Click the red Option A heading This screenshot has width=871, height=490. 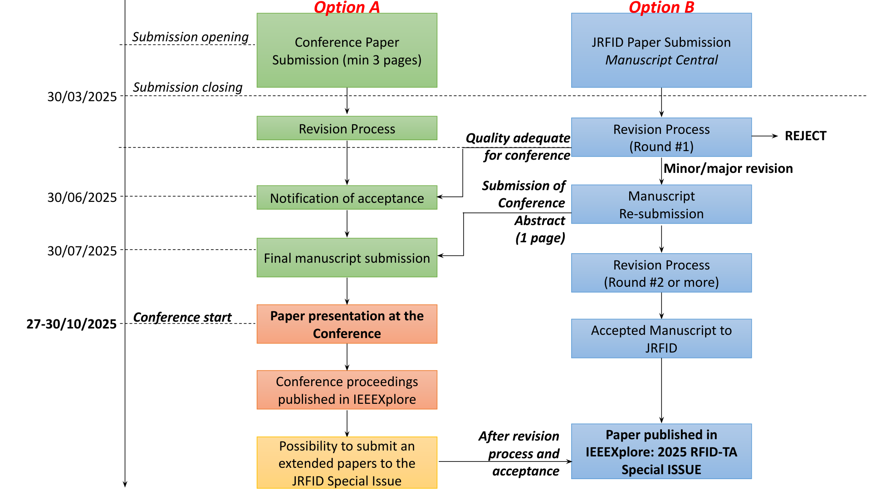347,7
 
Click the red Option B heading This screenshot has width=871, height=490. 661,7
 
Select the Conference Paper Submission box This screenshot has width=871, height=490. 347,50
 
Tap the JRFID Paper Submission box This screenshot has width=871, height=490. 661,50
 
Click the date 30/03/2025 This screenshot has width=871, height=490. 82,97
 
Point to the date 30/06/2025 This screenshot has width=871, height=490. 82,197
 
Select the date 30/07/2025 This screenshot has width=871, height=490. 82,251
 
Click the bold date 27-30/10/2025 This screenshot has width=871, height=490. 71,324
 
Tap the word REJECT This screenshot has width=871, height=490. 805,136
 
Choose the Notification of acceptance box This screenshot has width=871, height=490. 347,198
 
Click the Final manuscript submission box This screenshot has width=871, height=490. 347,258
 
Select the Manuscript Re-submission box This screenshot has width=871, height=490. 661,204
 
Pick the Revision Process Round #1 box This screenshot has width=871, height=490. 661,137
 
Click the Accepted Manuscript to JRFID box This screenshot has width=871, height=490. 661,338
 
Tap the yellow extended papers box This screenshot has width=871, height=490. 347,463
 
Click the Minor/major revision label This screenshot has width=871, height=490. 728,168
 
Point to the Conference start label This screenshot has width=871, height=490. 182,317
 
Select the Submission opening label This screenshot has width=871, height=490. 190,37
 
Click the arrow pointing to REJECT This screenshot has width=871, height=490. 765,136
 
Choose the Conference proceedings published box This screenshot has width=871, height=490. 347,390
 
